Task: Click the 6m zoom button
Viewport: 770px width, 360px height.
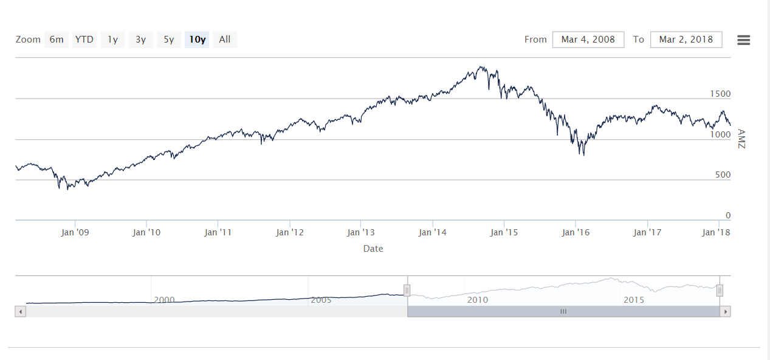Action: coord(57,40)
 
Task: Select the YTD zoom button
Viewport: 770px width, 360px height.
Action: coord(84,40)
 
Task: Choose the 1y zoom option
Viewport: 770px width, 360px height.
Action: coord(112,40)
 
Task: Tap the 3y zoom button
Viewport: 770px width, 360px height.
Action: coord(140,40)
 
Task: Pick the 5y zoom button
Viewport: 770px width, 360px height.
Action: coord(168,40)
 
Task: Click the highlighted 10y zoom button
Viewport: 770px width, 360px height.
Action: coord(197,40)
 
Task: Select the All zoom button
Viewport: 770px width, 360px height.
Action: coord(225,40)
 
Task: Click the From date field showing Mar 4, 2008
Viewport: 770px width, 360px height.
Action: coord(588,40)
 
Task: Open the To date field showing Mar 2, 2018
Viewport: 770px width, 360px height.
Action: coord(686,40)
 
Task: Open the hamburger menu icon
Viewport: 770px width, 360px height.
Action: coord(743,40)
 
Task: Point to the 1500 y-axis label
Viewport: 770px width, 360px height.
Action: coord(720,94)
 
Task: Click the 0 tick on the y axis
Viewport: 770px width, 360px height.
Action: coord(727,215)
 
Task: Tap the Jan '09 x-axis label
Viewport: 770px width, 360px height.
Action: coord(75,232)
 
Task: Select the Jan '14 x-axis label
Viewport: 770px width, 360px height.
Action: coord(433,232)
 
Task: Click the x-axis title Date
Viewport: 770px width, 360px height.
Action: coord(373,248)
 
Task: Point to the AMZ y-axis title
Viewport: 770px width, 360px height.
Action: coord(740,139)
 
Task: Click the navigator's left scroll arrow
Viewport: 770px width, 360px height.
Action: coord(20,311)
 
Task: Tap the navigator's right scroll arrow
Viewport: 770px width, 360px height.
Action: coord(724,311)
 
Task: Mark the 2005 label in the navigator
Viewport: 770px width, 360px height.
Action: coord(321,300)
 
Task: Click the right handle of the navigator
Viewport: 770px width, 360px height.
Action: coord(720,290)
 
